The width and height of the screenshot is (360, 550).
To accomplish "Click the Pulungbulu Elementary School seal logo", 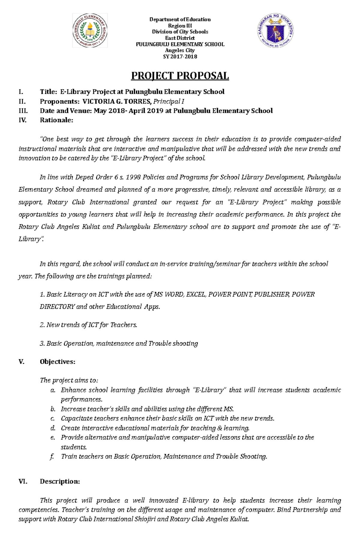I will pyautogui.click(x=90, y=31).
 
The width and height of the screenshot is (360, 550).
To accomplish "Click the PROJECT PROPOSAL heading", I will pyautogui.click(x=180, y=76).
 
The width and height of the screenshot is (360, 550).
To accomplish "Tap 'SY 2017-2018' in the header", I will pyautogui.click(x=180, y=57).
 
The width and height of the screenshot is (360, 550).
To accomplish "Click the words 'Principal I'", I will pyautogui.click(x=169, y=101).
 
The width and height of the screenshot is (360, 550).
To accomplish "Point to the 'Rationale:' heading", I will pyautogui.click(x=56, y=120).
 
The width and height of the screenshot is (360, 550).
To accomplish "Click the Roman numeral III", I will pyautogui.click(x=23, y=111).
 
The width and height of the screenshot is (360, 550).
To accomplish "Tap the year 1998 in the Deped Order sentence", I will pyautogui.click(x=133, y=177).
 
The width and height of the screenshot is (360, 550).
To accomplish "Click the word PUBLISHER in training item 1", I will pyautogui.click(x=272, y=294).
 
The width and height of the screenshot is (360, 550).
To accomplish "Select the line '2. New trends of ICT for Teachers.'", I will pyautogui.click(x=88, y=325).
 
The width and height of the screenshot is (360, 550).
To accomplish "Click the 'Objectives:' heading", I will pyautogui.click(x=57, y=362).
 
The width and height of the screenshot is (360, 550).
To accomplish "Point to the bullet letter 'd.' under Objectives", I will pyautogui.click(x=53, y=428).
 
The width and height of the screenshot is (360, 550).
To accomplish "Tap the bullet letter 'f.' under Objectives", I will pyautogui.click(x=52, y=456).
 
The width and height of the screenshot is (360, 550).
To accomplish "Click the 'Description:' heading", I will pyautogui.click(x=60, y=482).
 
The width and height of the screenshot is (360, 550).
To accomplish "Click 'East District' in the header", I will pyautogui.click(x=180, y=38).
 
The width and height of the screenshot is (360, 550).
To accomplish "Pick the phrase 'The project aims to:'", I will pyautogui.click(x=69, y=380).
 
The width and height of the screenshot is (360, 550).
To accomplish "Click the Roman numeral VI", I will pyautogui.click(x=23, y=482).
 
